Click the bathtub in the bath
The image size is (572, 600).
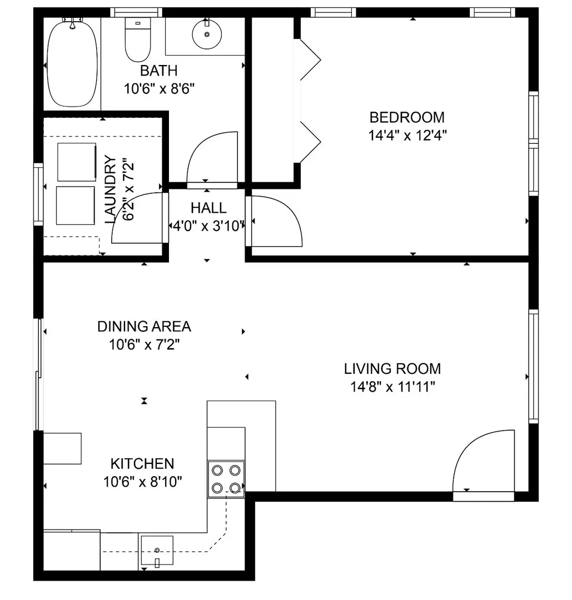pyautogui.click(x=72, y=63)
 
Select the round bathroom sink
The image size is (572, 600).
pyautogui.click(x=207, y=34)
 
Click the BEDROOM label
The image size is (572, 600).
pyautogui.click(x=407, y=117)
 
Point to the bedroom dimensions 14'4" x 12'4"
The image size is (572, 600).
pyautogui.click(x=407, y=136)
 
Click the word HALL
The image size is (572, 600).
pyautogui.click(x=208, y=208)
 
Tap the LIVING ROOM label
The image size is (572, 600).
pyautogui.click(x=392, y=368)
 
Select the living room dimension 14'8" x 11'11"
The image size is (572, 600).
pyautogui.click(x=393, y=387)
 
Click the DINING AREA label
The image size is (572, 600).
pyautogui.click(x=144, y=327)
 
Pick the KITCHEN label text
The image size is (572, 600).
pyautogui.click(x=142, y=463)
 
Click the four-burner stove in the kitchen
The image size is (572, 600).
pyautogui.click(x=226, y=479)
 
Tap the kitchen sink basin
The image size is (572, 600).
pyautogui.click(x=157, y=550)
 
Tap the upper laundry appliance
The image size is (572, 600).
pyautogui.click(x=77, y=162)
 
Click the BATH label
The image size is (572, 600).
pyautogui.click(x=159, y=71)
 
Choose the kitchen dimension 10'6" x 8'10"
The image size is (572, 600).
pyautogui.click(x=142, y=482)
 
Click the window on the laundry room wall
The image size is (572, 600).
pyautogui.click(x=38, y=194)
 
